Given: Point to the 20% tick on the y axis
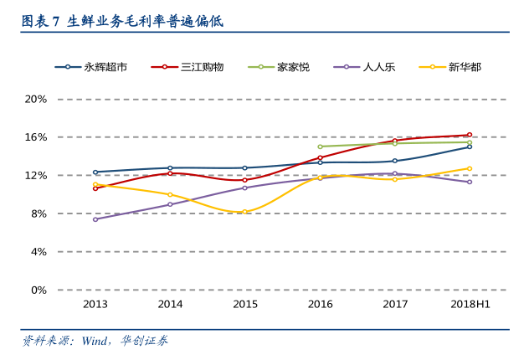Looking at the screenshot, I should (x=35, y=99).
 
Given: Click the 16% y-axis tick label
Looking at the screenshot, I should (x=35, y=137).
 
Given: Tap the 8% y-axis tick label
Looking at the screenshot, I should (x=38, y=213).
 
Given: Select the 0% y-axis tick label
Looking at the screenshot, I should (x=38, y=290).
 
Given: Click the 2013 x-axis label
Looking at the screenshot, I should (x=95, y=305).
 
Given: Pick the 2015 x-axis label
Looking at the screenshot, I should (x=245, y=305).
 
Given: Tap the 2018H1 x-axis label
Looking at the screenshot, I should (x=470, y=305).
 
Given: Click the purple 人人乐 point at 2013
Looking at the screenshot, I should (x=95, y=219).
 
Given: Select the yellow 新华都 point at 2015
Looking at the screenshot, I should (x=245, y=212).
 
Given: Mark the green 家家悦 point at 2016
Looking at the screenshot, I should (x=320, y=147).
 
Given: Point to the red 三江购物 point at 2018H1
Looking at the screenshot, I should (x=470, y=135).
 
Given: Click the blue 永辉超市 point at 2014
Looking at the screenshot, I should (x=170, y=168).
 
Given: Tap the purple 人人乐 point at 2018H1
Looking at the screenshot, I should (x=470, y=182).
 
